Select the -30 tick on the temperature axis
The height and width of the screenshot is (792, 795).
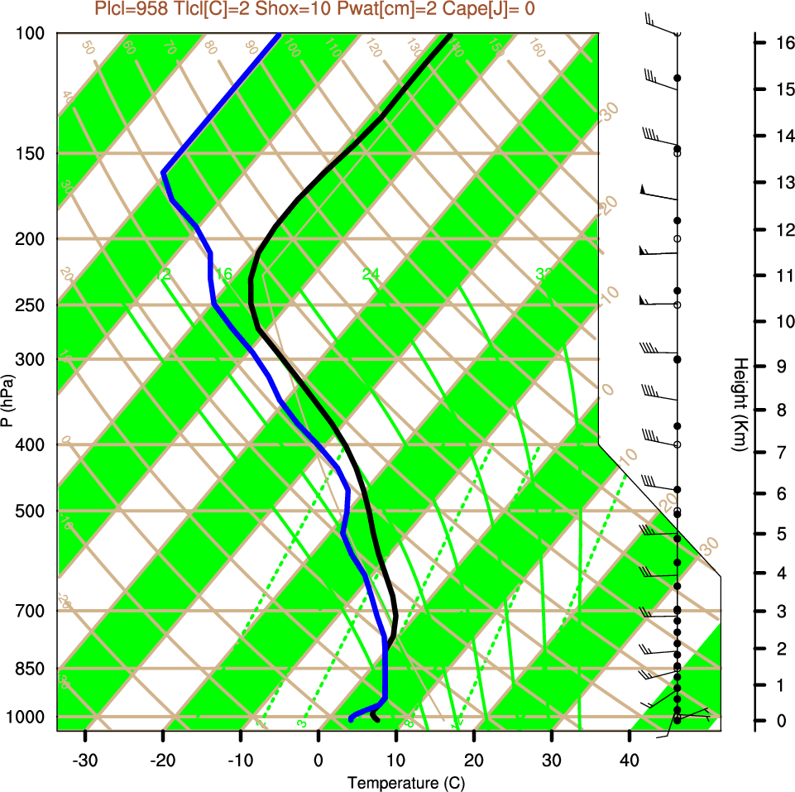pyautogui.click(x=85, y=760)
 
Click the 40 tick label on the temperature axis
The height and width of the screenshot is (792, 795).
pyautogui.click(x=629, y=760)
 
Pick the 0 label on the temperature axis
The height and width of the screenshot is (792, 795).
pyautogui.click(x=318, y=760)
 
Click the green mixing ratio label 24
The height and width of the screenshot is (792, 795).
pyautogui.click(x=371, y=273)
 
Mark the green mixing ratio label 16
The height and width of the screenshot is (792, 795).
pyautogui.click(x=223, y=273)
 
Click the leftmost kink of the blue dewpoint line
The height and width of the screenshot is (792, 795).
pyautogui.click(x=163, y=172)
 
